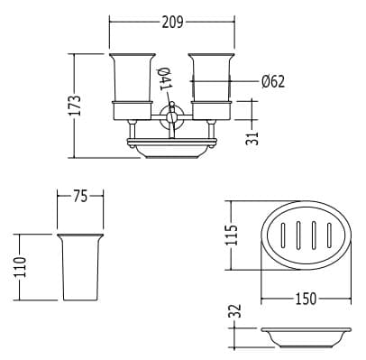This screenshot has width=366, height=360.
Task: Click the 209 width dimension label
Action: (172, 23)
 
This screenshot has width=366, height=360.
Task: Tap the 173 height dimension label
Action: (76, 106)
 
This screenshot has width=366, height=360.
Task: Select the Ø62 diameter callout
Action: (272, 81)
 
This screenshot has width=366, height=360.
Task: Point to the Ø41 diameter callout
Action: (165, 78)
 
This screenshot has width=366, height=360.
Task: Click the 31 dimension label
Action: (252, 138)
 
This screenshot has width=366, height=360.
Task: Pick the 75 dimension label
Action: (80, 197)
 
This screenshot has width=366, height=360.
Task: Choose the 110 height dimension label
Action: (20, 267)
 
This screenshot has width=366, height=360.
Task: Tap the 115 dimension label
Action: (232, 235)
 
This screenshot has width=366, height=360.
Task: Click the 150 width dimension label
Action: (306, 299)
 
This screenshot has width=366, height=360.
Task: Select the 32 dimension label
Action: (235, 310)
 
